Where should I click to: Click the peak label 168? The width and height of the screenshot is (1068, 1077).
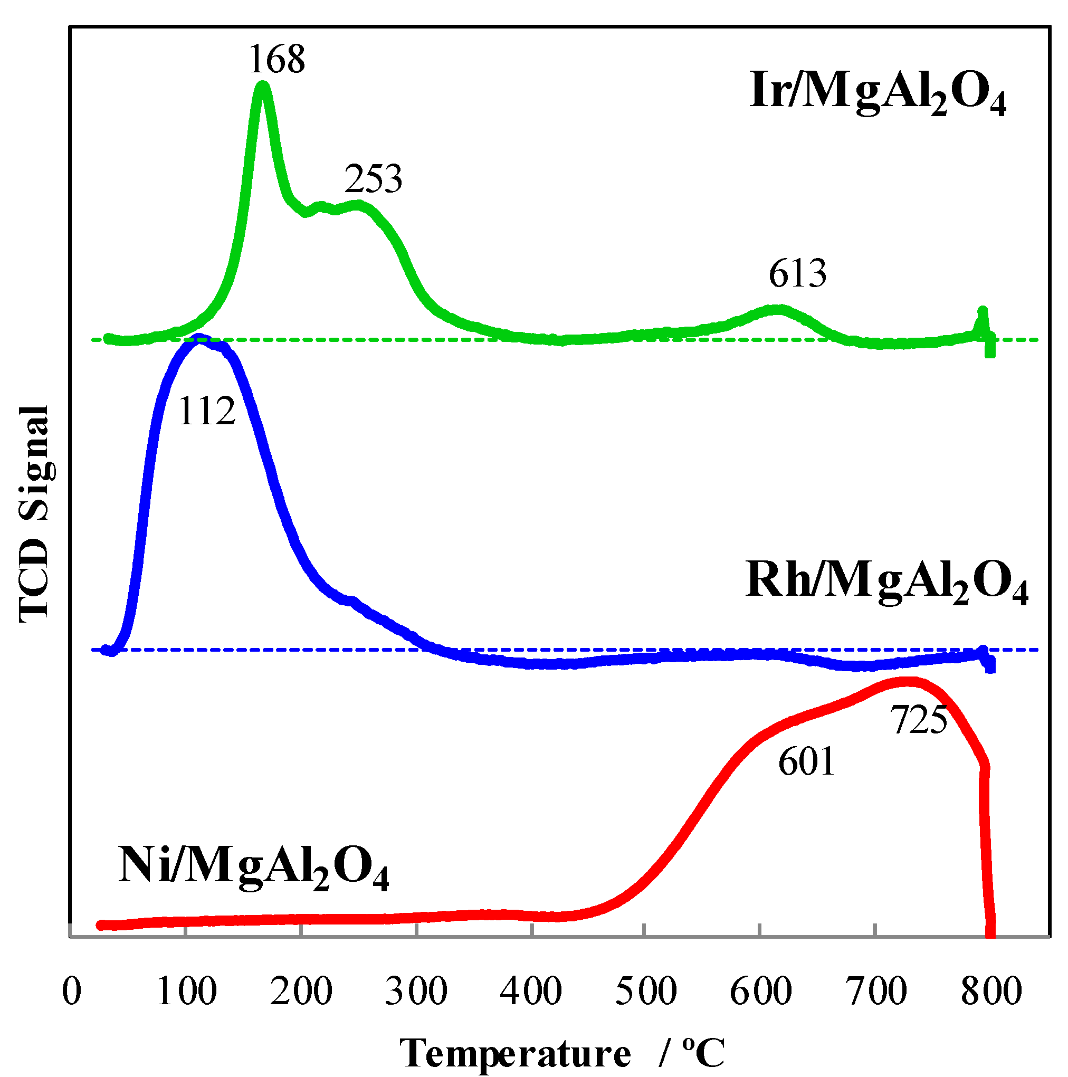coord(277,59)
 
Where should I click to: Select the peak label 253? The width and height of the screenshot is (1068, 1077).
coord(373,179)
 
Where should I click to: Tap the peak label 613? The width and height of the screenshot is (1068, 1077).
coord(797,274)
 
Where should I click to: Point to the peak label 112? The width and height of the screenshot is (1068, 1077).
coord(207,412)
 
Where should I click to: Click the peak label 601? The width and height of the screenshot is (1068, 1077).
coord(807,762)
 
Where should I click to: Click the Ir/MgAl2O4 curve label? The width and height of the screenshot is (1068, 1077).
coord(878,92)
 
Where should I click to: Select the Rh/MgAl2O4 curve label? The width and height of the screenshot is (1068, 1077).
coord(886,583)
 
